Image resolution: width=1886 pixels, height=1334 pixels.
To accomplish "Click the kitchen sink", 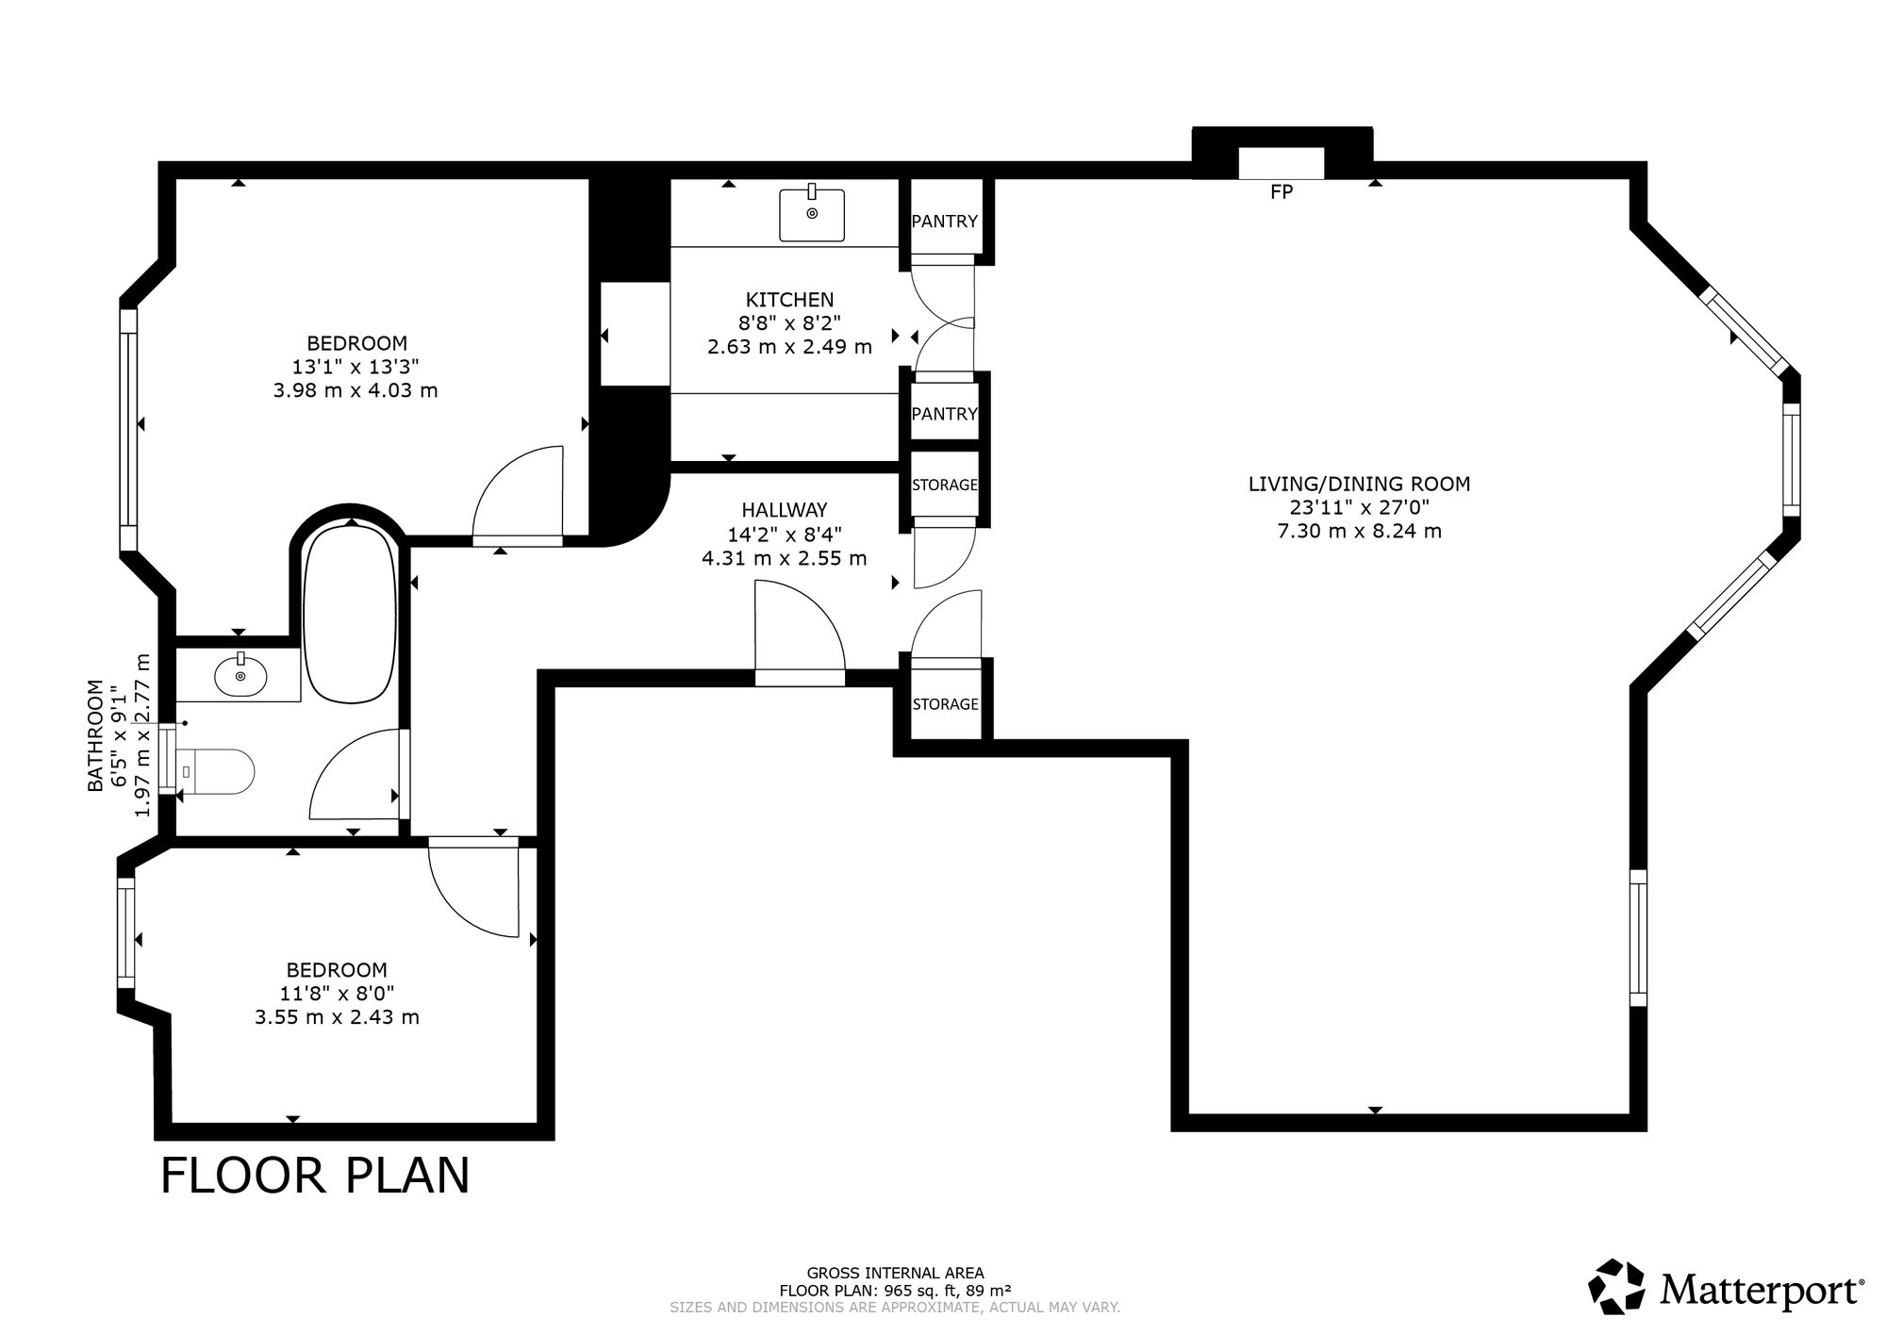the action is click(x=812, y=214).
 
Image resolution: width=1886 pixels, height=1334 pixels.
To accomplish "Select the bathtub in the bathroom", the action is click(x=348, y=614).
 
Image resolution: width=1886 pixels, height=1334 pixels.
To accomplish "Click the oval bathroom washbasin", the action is click(x=240, y=675).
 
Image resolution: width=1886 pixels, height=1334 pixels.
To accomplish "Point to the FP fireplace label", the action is click(x=1281, y=192).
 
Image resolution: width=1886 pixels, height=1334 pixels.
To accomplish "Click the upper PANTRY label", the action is click(x=945, y=222).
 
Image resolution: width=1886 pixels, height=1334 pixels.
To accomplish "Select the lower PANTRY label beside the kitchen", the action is click(x=945, y=414).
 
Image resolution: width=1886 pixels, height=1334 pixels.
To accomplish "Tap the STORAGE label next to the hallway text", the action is click(x=945, y=485).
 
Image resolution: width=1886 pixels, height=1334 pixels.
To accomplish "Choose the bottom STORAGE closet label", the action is click(x=945, y=704).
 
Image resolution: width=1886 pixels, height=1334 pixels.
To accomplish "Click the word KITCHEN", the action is click(x=790, y=300).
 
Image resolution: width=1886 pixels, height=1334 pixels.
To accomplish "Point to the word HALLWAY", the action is click(x=785, y=510).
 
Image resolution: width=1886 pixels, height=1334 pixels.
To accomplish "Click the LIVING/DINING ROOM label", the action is click(x=1360, y=485).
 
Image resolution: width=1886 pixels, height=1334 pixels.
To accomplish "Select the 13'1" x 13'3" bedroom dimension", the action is click(x=356, y=367).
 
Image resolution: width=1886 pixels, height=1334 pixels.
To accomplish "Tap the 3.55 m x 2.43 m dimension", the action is click(x=337, y=1017).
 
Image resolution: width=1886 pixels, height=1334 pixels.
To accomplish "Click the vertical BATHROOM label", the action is click(x=95, y=735).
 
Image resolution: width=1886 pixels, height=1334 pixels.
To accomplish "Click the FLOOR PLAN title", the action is click(x=315, y=1176).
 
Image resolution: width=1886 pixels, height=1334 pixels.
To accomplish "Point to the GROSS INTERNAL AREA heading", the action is click(x=896, y=1273).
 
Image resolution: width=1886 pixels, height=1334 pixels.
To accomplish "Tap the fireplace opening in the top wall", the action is click(x=1281, y=163).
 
